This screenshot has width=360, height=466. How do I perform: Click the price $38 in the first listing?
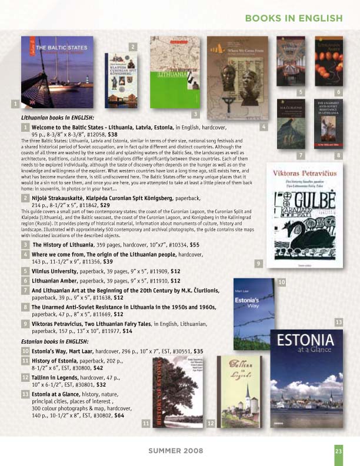[x=113, y=134]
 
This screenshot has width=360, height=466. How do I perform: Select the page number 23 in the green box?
[x=338, y=451]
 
